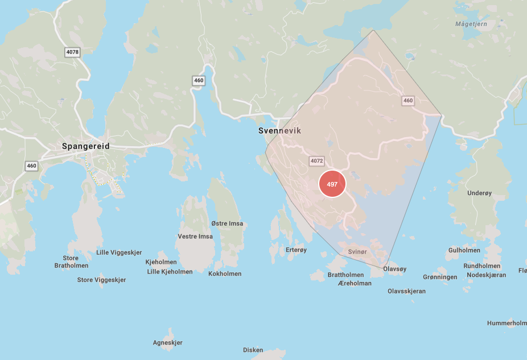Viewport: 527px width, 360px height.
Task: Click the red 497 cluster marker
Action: click(x=332, y=184)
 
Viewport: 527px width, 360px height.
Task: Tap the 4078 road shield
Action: click(x=73, y=52)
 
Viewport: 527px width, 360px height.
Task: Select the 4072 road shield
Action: click(x=317, y=161)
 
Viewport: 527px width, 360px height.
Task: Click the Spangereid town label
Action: click(x=85, y=146)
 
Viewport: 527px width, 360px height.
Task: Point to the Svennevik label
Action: click(x=279, y=131)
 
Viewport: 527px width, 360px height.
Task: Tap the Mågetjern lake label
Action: click(x=472, y=24)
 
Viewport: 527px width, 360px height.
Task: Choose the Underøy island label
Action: click(x=479, y=193)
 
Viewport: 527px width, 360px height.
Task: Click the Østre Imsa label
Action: click(x=227, y=224)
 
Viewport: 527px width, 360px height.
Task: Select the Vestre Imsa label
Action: click(x=195, y=237)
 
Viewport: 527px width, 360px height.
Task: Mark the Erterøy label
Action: click(x=296, y=250)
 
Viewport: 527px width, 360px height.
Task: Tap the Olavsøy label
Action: click(x=395, y=268)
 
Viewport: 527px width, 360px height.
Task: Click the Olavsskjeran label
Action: click(x=406, y=291)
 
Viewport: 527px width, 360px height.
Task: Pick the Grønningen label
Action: click(x=440, y=277)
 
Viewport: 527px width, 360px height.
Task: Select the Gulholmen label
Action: click(x=464, y=250)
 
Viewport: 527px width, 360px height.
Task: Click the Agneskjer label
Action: click(x=168, y=342)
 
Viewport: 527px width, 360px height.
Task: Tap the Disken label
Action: click(x=253, y=350)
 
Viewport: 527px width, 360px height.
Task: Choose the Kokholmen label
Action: click(x=225, y=274)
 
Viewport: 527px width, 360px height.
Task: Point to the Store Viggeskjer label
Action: click(x=101, y=280)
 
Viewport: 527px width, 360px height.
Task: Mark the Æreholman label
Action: click(x=355, y=283)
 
